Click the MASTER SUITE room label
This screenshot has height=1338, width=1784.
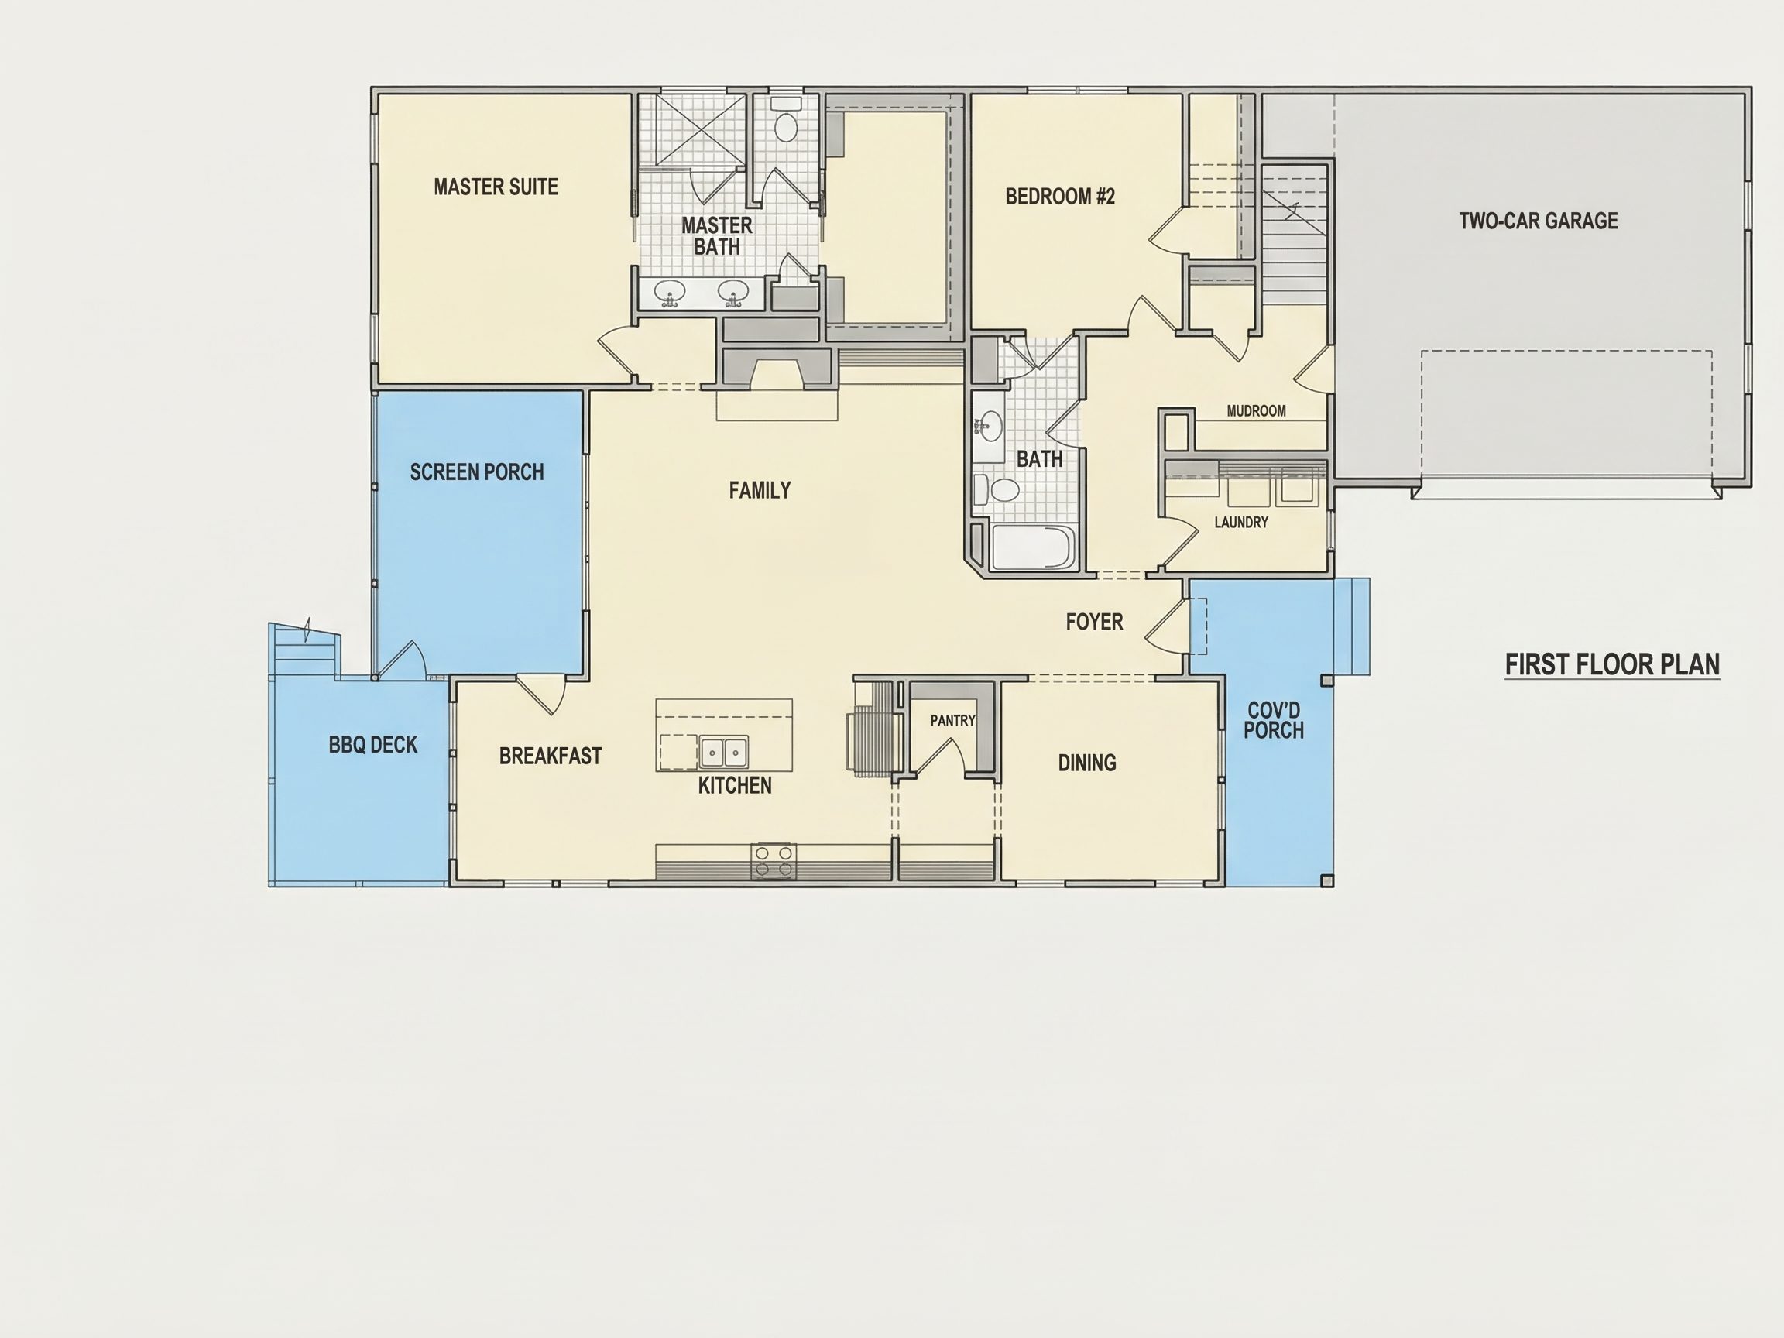tap(496, 187)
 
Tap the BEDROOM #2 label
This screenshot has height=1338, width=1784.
tap(1060, 197)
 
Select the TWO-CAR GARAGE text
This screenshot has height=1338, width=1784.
tap(1538, 221)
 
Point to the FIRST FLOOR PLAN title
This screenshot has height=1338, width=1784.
tap(1612, 664)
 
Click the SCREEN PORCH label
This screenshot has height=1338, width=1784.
tap(477, 472)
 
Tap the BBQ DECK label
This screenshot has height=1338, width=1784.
tap(372, 744)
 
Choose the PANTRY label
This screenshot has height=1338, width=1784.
tap(952, 720)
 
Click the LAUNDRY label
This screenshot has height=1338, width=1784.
tap(1241, 523)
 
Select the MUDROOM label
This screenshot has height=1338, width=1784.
tap(1257, 411)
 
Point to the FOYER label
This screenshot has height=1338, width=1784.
tap(1094, 622)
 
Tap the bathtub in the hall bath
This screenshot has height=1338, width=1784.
tap(1033, 547)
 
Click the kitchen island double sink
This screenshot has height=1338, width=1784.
tap(723, 752)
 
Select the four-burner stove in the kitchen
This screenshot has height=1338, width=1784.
tap(774, 861)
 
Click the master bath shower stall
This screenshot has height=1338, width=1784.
tap(700, 130)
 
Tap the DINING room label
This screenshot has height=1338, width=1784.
tap(1087, 763)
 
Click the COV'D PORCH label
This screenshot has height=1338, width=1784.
tap(1274, 720)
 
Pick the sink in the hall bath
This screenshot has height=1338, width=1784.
tap(989, 425)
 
